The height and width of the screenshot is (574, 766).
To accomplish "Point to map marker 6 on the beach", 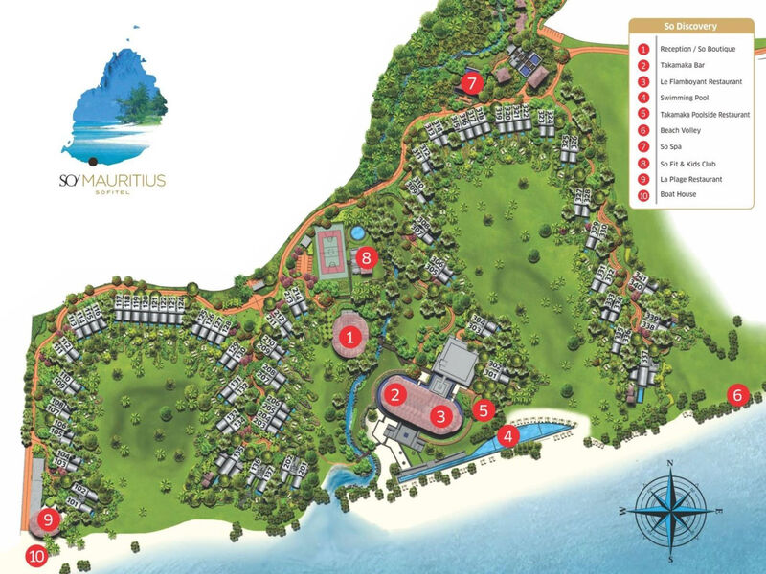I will coord(737,393).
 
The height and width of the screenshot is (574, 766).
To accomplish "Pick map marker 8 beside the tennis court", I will coord(365,256).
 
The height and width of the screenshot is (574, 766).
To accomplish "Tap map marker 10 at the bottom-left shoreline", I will coord(36,554).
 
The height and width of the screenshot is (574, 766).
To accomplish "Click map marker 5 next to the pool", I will coord(484,409).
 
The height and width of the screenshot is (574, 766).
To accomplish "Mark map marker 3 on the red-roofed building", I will coord(439,416).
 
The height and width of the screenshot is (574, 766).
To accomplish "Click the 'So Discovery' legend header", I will coord(690,26).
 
